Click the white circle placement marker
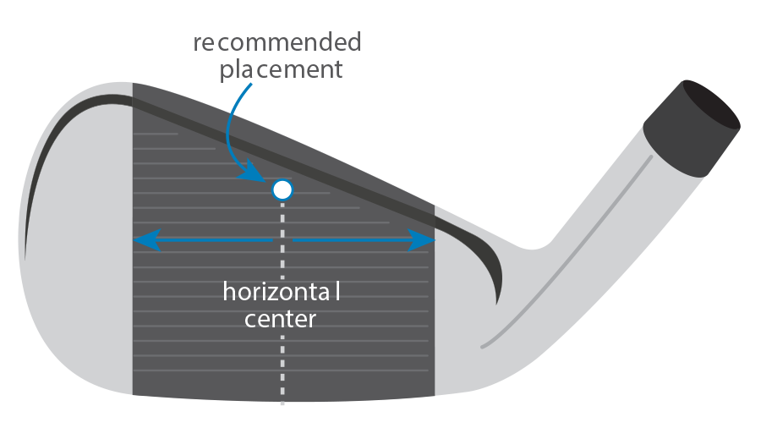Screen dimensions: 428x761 pos(282,190)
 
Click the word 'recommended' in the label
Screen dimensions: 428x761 pos(276,43)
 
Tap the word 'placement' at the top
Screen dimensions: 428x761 pos(282,69)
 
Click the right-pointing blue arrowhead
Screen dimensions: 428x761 pos(423,241)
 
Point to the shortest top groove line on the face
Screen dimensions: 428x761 pos(156,134)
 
